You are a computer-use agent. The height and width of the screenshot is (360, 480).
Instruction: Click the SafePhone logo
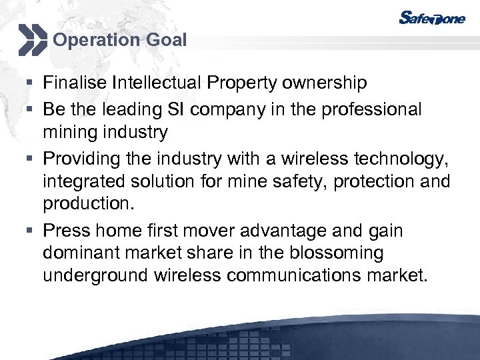tap(433, 17)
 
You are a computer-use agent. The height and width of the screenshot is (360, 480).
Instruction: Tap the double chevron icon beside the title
tap(32, 39)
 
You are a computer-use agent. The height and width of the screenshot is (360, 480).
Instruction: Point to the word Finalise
tap(75, 83)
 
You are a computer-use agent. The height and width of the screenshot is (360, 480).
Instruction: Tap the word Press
tap(67, 231)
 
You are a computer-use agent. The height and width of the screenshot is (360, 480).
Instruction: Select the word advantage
tap(308, 231)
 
